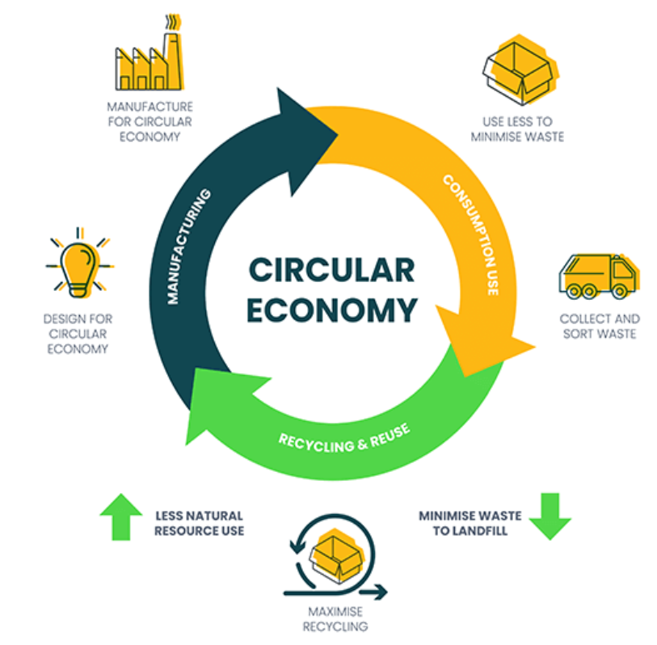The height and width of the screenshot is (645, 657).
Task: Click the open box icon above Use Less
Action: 516,69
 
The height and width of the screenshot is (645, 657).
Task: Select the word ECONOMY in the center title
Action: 332,310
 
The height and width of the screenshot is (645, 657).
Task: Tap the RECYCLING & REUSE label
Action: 344,437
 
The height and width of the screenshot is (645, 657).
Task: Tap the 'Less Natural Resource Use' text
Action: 199,523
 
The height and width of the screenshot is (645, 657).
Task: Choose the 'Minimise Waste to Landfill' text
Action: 470,523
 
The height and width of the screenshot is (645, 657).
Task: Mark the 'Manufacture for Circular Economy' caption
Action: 150,121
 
